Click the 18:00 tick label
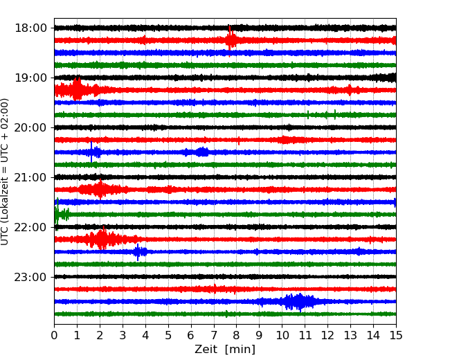(x=30, y=28)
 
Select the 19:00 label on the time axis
(x=30, y=78)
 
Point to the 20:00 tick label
(x=30, y=127)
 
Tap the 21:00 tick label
(x=30, y=177)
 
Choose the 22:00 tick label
(x=30, y=227)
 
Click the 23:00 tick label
(x=30, y=277)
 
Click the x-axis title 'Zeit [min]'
(x=224, y=350)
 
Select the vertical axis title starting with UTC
(x=6, y=172)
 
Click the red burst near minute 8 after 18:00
(x=231, y=40)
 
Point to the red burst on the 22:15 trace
(x=102, y=240)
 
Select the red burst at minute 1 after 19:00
(x=76, y=90)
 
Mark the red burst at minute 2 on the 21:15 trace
(x=100, y=190)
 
